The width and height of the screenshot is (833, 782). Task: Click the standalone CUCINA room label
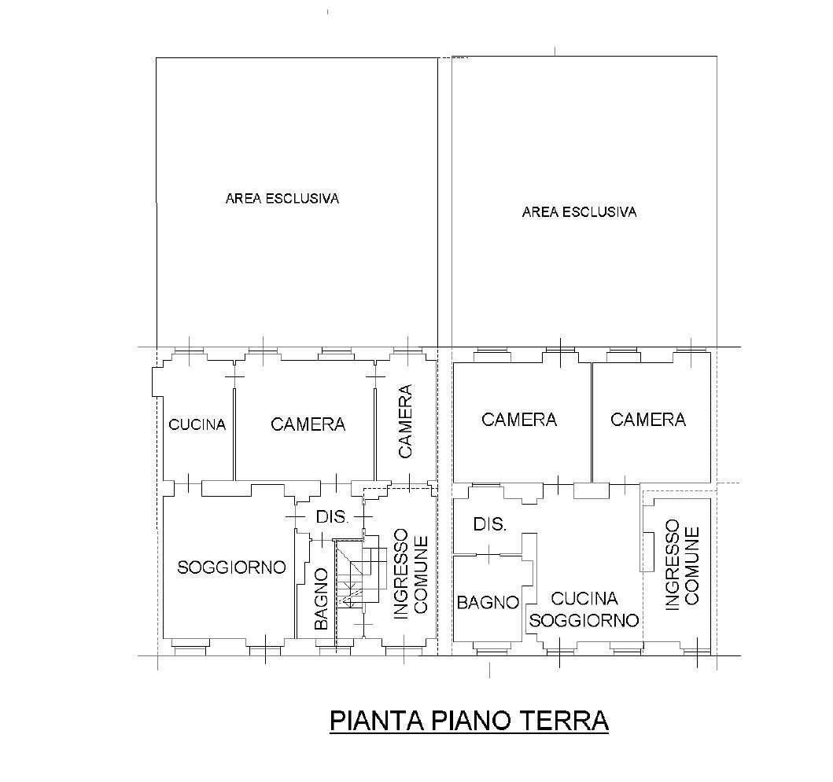point(197,425)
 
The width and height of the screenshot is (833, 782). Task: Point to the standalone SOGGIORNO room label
point(230,567)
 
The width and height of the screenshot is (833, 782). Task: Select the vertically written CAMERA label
point(405,420)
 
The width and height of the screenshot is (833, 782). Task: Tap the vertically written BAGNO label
point(321,599)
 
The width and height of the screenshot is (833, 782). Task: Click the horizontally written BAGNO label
point(488,603)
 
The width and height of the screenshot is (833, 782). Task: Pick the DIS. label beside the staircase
point(331,517)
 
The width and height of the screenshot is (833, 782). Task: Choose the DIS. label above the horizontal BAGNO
point(489,524)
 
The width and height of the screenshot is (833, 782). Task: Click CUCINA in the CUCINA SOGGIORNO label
point(584,599)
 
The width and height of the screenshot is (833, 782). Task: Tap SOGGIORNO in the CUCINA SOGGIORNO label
point(584,620)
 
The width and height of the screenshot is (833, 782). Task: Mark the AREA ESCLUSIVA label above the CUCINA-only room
point(282,199)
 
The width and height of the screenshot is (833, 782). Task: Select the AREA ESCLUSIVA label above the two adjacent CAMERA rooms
point(579,212)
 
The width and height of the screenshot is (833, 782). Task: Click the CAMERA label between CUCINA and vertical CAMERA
point(308,424)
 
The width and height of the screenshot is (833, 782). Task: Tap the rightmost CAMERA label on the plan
point(647,420)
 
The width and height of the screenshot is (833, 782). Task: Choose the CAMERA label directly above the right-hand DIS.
point(518,420)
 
